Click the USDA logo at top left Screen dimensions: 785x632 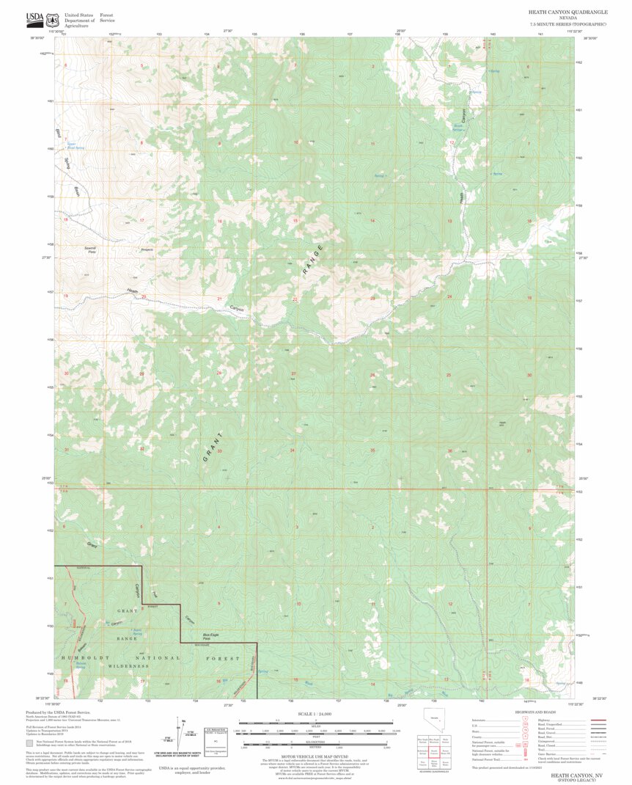(34, 18)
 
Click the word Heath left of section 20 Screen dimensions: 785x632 (132, 292)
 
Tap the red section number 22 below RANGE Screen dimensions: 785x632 (295, 299)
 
